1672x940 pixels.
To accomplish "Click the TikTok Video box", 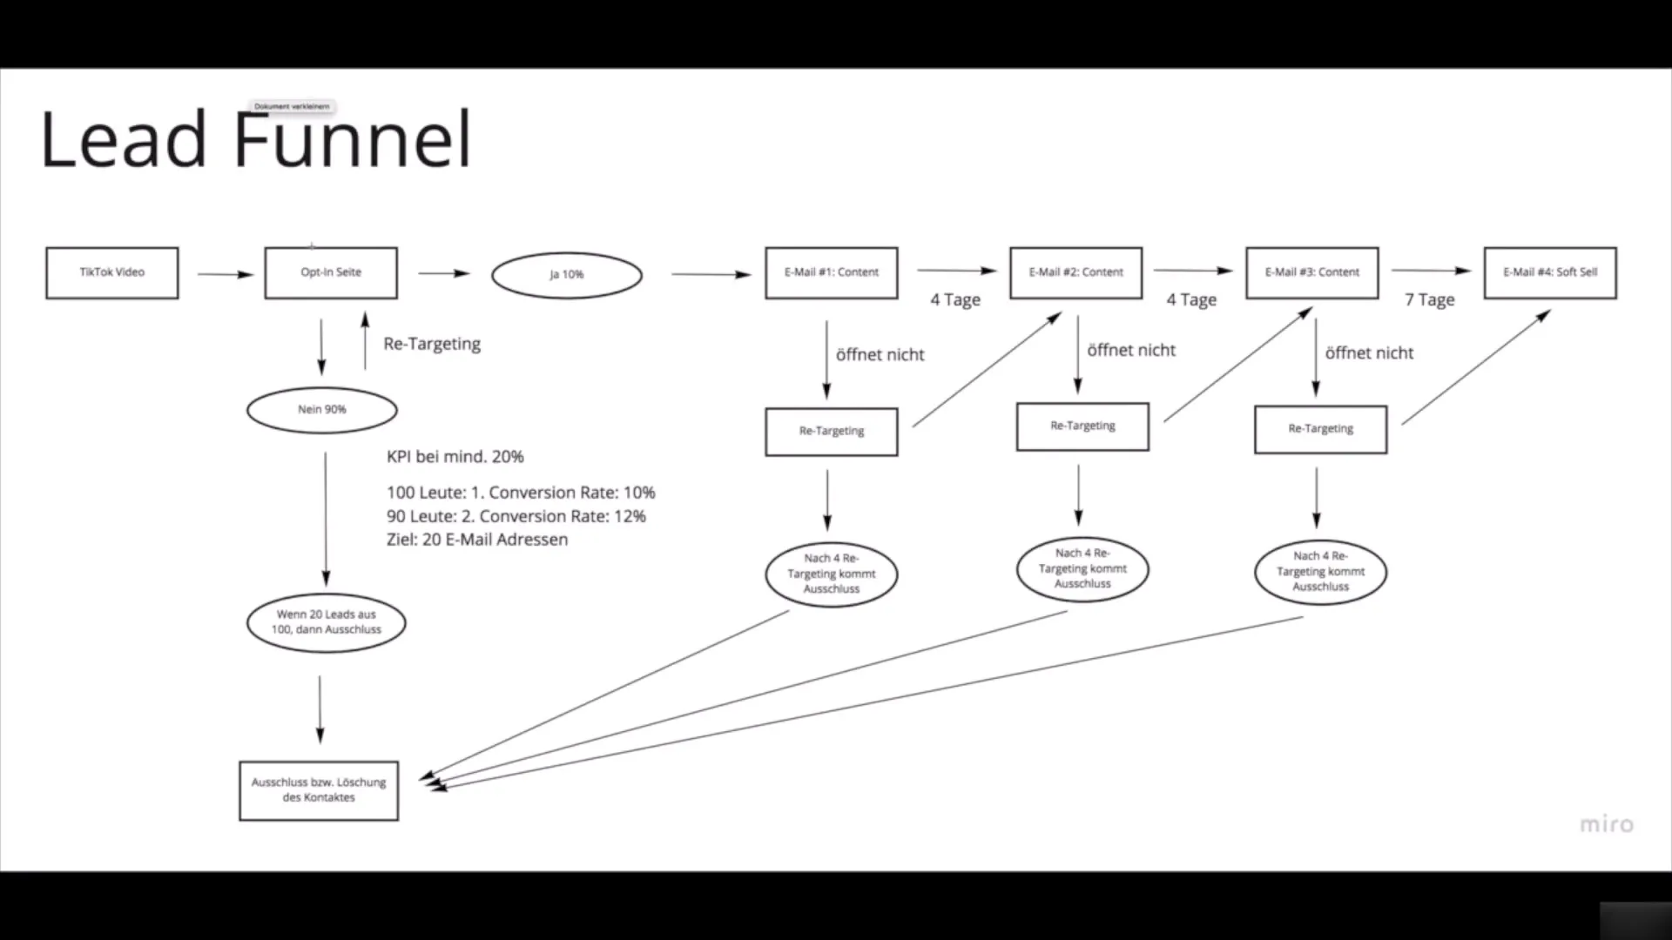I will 112,273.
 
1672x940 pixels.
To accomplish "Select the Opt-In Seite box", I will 331,273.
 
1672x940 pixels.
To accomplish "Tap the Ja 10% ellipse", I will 567,275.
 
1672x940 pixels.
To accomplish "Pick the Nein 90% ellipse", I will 322,410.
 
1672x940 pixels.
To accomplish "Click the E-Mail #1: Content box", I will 832,273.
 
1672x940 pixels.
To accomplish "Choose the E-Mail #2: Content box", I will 1076,273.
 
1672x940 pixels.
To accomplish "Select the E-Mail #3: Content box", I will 1312,273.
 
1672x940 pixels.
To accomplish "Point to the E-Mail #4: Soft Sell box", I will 1550,273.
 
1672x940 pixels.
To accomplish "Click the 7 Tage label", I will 1429,300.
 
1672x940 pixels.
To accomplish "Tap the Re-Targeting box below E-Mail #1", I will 832,432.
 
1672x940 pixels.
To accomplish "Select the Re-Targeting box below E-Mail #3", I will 1321,429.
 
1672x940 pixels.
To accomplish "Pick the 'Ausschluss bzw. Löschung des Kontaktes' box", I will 319,790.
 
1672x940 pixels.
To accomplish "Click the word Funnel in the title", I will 353,139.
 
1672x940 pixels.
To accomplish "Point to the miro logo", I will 1607,824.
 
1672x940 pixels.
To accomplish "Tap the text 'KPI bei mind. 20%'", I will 455,457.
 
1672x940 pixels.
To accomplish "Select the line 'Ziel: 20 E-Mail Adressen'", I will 477,540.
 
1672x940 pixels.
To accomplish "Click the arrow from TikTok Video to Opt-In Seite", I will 224,275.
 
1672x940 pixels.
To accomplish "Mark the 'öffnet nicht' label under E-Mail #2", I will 1131,351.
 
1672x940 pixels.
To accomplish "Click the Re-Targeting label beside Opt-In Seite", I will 432,344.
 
